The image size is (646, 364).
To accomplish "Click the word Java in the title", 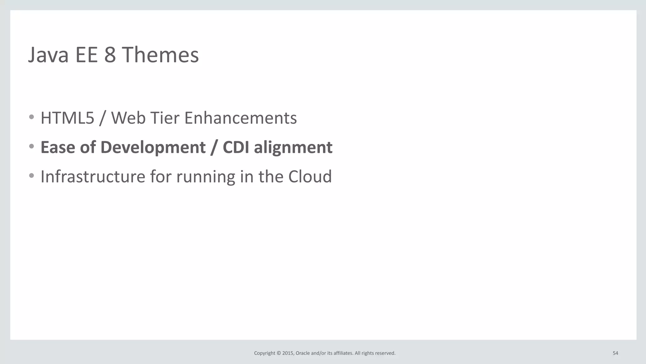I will pyautogui.click(x=48, y=55).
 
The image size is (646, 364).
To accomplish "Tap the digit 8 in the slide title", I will pyautogui.click(x=110, y=55).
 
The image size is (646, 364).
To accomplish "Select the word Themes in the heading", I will pyautogui.click(x=160, y=55).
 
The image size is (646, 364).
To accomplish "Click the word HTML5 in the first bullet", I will pyautogui.click(x=68, y=118).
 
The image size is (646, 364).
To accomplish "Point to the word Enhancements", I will pyautogui.click(x=240, y=118).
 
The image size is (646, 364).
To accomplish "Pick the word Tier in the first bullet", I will pyautogui.click(x=164, y=118).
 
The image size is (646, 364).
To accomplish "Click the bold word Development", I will pyautogui.click(x=153, y=147).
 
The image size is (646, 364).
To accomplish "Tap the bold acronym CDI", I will pyautogui.click(x=236, y=147).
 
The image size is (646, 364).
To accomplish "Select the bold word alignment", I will pyautogui.click(x=293, y=147).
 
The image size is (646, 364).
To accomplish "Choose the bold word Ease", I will pyautogui.click(x=58, y=147).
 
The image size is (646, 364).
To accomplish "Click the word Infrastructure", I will pyautogui.click(x=93, y=176).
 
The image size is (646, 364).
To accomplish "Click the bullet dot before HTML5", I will pyautogui.click(x=31, y=117).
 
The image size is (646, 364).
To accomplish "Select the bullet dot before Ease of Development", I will pyautogui.click(x=31, y=146).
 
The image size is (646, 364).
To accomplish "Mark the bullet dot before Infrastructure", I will pyautogui.click(x=31, y=176).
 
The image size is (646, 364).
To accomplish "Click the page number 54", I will pyautogui.click(x=615, y=353).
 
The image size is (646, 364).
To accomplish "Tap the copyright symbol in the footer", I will pyautogui.click(x=279, y=353).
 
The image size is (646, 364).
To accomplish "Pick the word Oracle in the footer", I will pyautogui.click(x=302, y=353).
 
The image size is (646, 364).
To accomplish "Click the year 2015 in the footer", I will pyautogui.click(x=288, y=353).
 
